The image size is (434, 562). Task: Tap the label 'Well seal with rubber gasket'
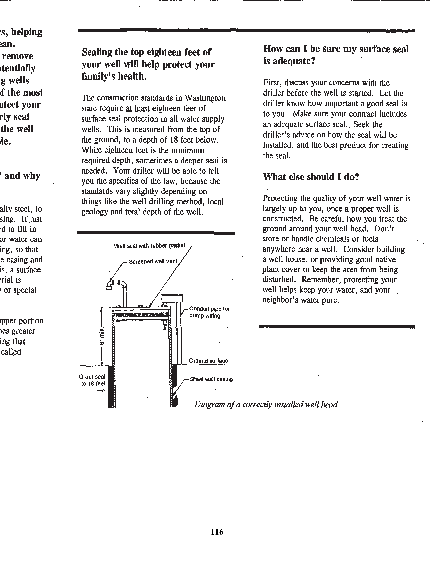pos(149,246)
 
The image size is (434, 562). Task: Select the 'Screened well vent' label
pos(153,261)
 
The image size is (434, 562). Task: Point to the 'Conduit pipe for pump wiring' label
pos(209,312)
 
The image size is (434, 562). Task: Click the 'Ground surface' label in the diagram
pos(208,361)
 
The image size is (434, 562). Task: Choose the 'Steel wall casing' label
pos(211,379)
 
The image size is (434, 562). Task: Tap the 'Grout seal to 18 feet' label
pos(92,380)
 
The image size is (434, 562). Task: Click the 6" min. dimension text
pos(102,336)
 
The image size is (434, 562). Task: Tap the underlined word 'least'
pos(142,108)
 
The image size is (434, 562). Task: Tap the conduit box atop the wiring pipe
pos(172,299)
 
